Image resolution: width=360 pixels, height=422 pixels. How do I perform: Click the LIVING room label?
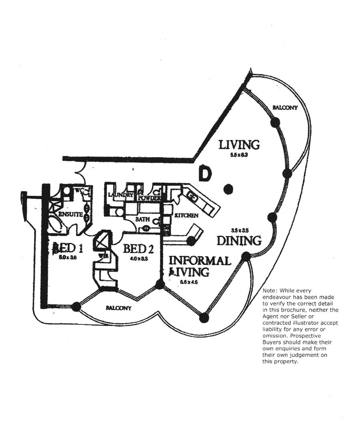(x=239, y=144)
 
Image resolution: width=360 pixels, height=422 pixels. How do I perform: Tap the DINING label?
(x=239, y=241)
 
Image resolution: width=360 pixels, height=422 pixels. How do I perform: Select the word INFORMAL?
(x=200, y=261)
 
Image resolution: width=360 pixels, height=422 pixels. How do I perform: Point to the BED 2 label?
(x=138, y=249)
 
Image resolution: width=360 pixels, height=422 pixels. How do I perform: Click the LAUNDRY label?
(x=120, y=195)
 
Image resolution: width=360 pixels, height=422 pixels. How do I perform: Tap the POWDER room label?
(x=149, y=198)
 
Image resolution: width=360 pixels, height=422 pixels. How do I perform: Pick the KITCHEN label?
(x=186, y=216)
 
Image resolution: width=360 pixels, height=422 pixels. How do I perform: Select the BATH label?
(x=142, y=220)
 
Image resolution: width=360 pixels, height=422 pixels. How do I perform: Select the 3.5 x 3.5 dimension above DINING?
(x=240, y=230)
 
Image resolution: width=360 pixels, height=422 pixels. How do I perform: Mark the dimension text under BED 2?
(x=138, y=259)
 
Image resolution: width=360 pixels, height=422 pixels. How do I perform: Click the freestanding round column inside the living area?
(x=228, y=189)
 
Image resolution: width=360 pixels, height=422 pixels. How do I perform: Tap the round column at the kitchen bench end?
(x=192, y=241)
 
